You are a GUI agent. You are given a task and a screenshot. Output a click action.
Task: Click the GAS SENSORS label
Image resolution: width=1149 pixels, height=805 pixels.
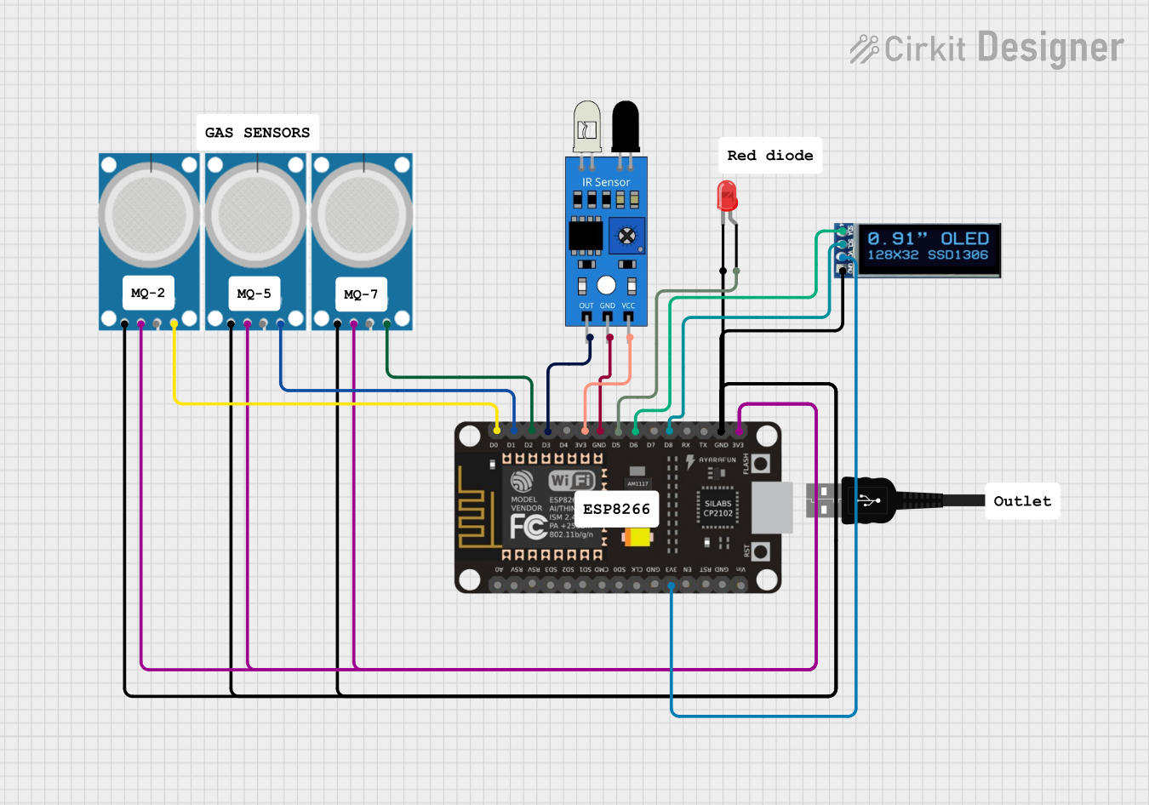[x=257, y=133]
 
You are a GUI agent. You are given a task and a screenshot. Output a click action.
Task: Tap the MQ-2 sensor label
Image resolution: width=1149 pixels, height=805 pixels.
[x=148, y=293]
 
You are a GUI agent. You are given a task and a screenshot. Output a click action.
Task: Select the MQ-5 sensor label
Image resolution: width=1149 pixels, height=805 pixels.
[x=254, y=294]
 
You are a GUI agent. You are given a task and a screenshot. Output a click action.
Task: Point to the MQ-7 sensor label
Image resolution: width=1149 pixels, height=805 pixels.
[x=361, y=294]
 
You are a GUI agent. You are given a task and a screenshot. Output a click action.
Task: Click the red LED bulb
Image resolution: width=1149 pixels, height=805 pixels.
[x=727, y=196]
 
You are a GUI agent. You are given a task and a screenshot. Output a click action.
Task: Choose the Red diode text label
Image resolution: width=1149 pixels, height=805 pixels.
[x=769, y=156]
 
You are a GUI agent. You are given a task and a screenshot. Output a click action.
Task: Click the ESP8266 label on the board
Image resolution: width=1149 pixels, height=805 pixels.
[x=616, y=509]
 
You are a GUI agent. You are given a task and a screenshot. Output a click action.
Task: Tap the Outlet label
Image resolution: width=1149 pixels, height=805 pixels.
[x=1022, y=501]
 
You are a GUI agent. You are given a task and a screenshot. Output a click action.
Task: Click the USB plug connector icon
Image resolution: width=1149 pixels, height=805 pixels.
[x=869, y=500]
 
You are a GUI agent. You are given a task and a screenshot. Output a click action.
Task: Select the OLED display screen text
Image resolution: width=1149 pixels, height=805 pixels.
[x=928, y=247]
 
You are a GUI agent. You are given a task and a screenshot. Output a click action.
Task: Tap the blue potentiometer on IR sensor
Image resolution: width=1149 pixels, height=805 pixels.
[x=626, y=236]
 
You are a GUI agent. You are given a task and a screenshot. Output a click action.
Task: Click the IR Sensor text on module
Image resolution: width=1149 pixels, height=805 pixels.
[x=606, y=182]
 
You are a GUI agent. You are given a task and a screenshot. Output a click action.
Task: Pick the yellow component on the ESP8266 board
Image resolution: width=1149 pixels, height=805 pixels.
[x=637, y=538]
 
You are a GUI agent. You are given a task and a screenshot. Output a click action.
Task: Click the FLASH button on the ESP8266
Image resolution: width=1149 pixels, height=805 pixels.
[x=760, y=464]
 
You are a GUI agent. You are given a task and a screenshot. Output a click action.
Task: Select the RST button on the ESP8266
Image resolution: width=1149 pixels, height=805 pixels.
[x=760, y=551]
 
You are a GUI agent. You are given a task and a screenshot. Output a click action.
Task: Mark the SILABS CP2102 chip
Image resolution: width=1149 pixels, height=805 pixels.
[x=717, y=508]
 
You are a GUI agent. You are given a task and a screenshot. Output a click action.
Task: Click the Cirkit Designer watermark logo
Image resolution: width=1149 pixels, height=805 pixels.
[x=986, y=49]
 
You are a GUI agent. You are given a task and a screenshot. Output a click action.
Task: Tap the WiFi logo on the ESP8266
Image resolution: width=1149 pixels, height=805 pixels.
[x=571, y=481]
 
